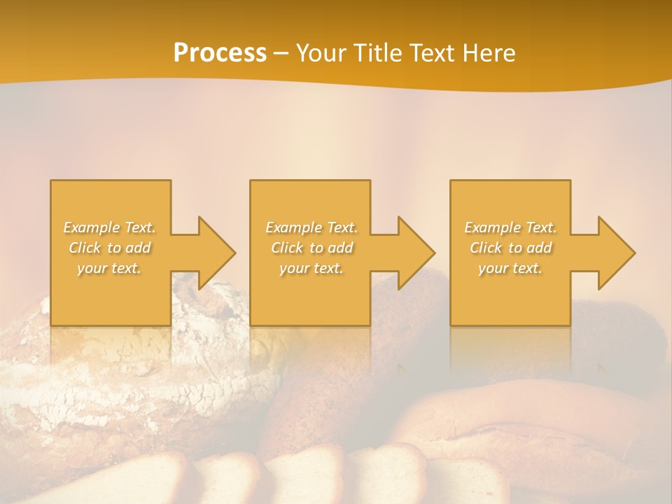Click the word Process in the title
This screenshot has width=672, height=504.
tap(220, 53)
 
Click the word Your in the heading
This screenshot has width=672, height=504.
tap(321, 53)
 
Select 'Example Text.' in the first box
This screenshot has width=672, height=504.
tap(110, 227)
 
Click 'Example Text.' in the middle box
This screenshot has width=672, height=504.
tap(311, 227)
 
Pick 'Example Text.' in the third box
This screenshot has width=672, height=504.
tap(510, 227)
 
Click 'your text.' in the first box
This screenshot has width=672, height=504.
tap(110, 268)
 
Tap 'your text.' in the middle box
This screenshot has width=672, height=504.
tap(311, 268)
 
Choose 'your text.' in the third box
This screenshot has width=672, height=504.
tap(510, 268)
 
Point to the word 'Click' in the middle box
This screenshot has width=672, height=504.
tap(287, 248)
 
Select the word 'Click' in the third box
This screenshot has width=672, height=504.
tap(486, 248)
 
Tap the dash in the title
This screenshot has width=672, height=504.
tap(281, 53)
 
